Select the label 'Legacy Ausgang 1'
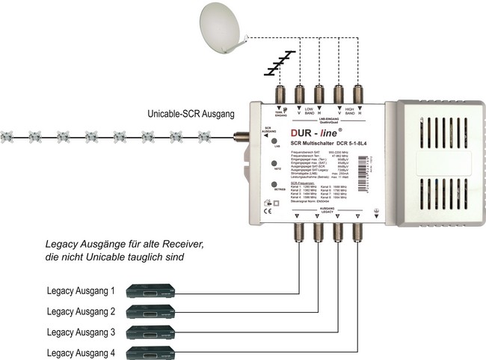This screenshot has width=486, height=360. click(81, 290)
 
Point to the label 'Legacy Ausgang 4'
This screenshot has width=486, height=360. click(81, 352)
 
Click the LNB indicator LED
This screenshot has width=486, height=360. click(276, 141)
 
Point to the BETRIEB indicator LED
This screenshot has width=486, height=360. click(276, 184)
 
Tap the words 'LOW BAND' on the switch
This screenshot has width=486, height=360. click(309, 110)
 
